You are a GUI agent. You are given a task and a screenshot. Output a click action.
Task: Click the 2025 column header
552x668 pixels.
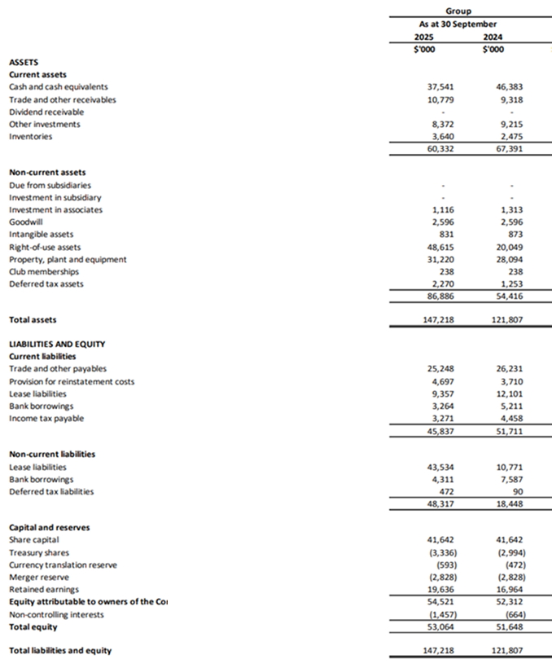423,37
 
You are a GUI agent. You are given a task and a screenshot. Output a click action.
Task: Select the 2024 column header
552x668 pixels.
492,37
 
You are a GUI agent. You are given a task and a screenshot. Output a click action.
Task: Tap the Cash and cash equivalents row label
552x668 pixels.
58,86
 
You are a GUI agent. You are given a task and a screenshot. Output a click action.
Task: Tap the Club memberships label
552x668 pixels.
44,271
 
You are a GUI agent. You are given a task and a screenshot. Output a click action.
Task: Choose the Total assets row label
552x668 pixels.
33,320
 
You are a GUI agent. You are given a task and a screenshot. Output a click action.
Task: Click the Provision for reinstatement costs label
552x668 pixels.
72,381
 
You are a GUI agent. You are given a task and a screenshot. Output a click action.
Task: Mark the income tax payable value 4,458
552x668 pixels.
510,419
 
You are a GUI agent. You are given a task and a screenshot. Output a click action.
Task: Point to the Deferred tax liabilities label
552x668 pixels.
51,491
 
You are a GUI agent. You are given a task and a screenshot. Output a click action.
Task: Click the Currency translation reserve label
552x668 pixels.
63,565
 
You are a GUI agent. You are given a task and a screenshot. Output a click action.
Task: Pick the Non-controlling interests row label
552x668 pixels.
56,614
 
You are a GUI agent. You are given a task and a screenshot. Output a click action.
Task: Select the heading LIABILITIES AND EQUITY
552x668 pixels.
56,345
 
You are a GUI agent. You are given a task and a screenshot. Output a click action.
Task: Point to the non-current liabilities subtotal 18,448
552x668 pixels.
509,504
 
